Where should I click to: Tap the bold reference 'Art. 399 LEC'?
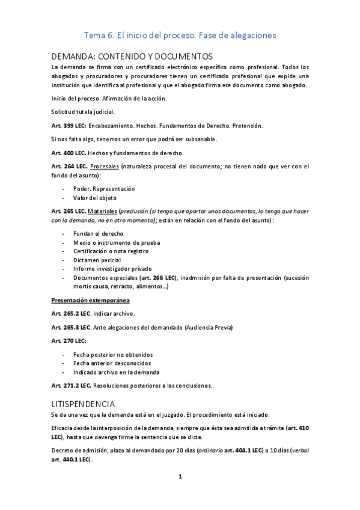click(69, 126)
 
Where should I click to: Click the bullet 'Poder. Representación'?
click(104, 188)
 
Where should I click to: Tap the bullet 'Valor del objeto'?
click(95, 198)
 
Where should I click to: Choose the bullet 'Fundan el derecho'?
click(99, 233)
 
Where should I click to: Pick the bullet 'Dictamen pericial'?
click(97, 260)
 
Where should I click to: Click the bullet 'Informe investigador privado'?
click(112, 269)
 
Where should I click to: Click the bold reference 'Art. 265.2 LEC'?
click(70, 313)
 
